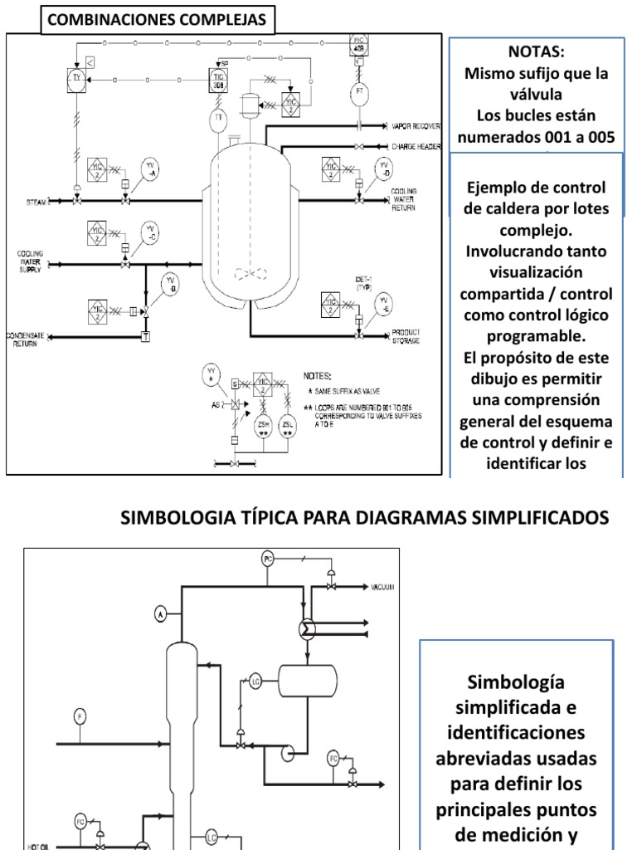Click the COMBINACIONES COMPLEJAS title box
click(159, 19)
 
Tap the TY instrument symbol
click(76, 78)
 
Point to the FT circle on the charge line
click(359, 92)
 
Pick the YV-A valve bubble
click(150, 166)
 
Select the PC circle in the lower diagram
click(267, 558)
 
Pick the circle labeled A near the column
click(161, 613)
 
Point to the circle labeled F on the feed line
click(80, 716)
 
